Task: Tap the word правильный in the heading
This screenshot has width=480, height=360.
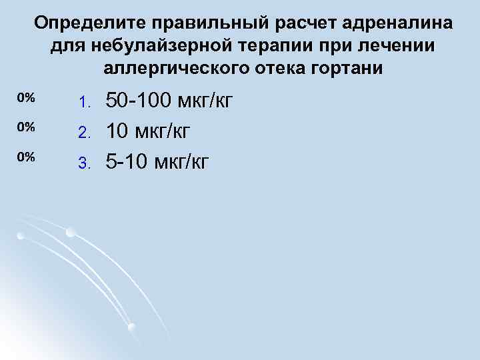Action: (210, 24)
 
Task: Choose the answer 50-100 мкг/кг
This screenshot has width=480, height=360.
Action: (169, 102)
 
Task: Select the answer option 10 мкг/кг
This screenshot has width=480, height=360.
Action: (149, 131)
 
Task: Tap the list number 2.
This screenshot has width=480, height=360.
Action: (83, 133)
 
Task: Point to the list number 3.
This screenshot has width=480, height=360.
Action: (83, 161)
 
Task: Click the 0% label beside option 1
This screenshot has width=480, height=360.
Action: (26, 98)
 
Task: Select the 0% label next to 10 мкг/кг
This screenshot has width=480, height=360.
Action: (26, 127)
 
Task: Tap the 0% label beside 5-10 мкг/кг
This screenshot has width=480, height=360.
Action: (26, 156)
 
